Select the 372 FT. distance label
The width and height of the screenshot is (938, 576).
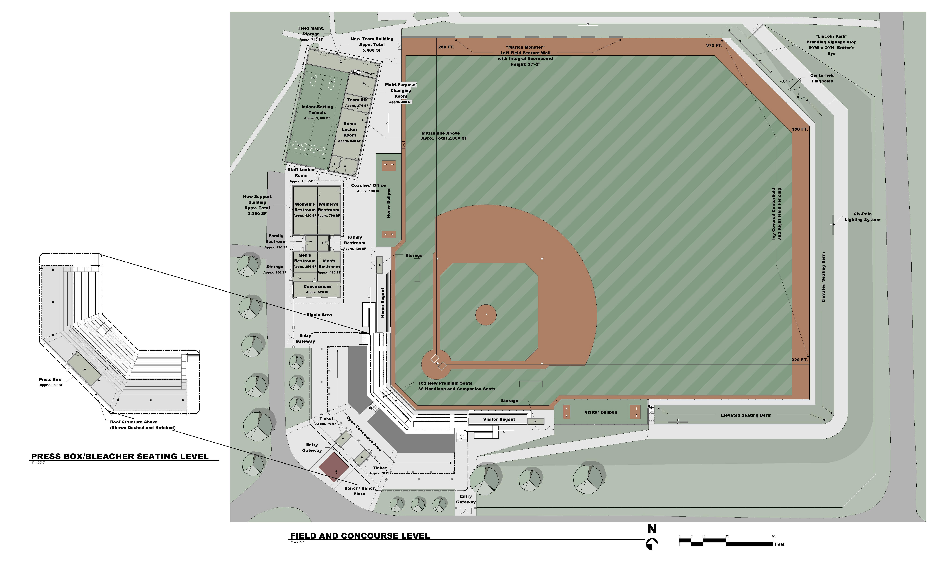[714, 45]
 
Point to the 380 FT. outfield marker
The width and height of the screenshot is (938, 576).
[800, 129]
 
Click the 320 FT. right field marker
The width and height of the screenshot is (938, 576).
[799, 360]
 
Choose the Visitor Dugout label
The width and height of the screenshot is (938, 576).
[499, 419]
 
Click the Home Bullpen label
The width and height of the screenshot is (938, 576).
[388, 203]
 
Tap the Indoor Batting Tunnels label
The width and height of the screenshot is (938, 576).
[317, 110]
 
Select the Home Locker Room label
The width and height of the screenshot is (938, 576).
[349, 130]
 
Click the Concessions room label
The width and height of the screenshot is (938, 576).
[317, 286]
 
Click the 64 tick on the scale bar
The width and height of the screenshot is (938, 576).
[773, 536]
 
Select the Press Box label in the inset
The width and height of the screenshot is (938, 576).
[50, 380]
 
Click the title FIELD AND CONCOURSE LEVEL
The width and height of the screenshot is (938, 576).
[360, 536]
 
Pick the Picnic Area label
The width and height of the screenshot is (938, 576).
[319, 315]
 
